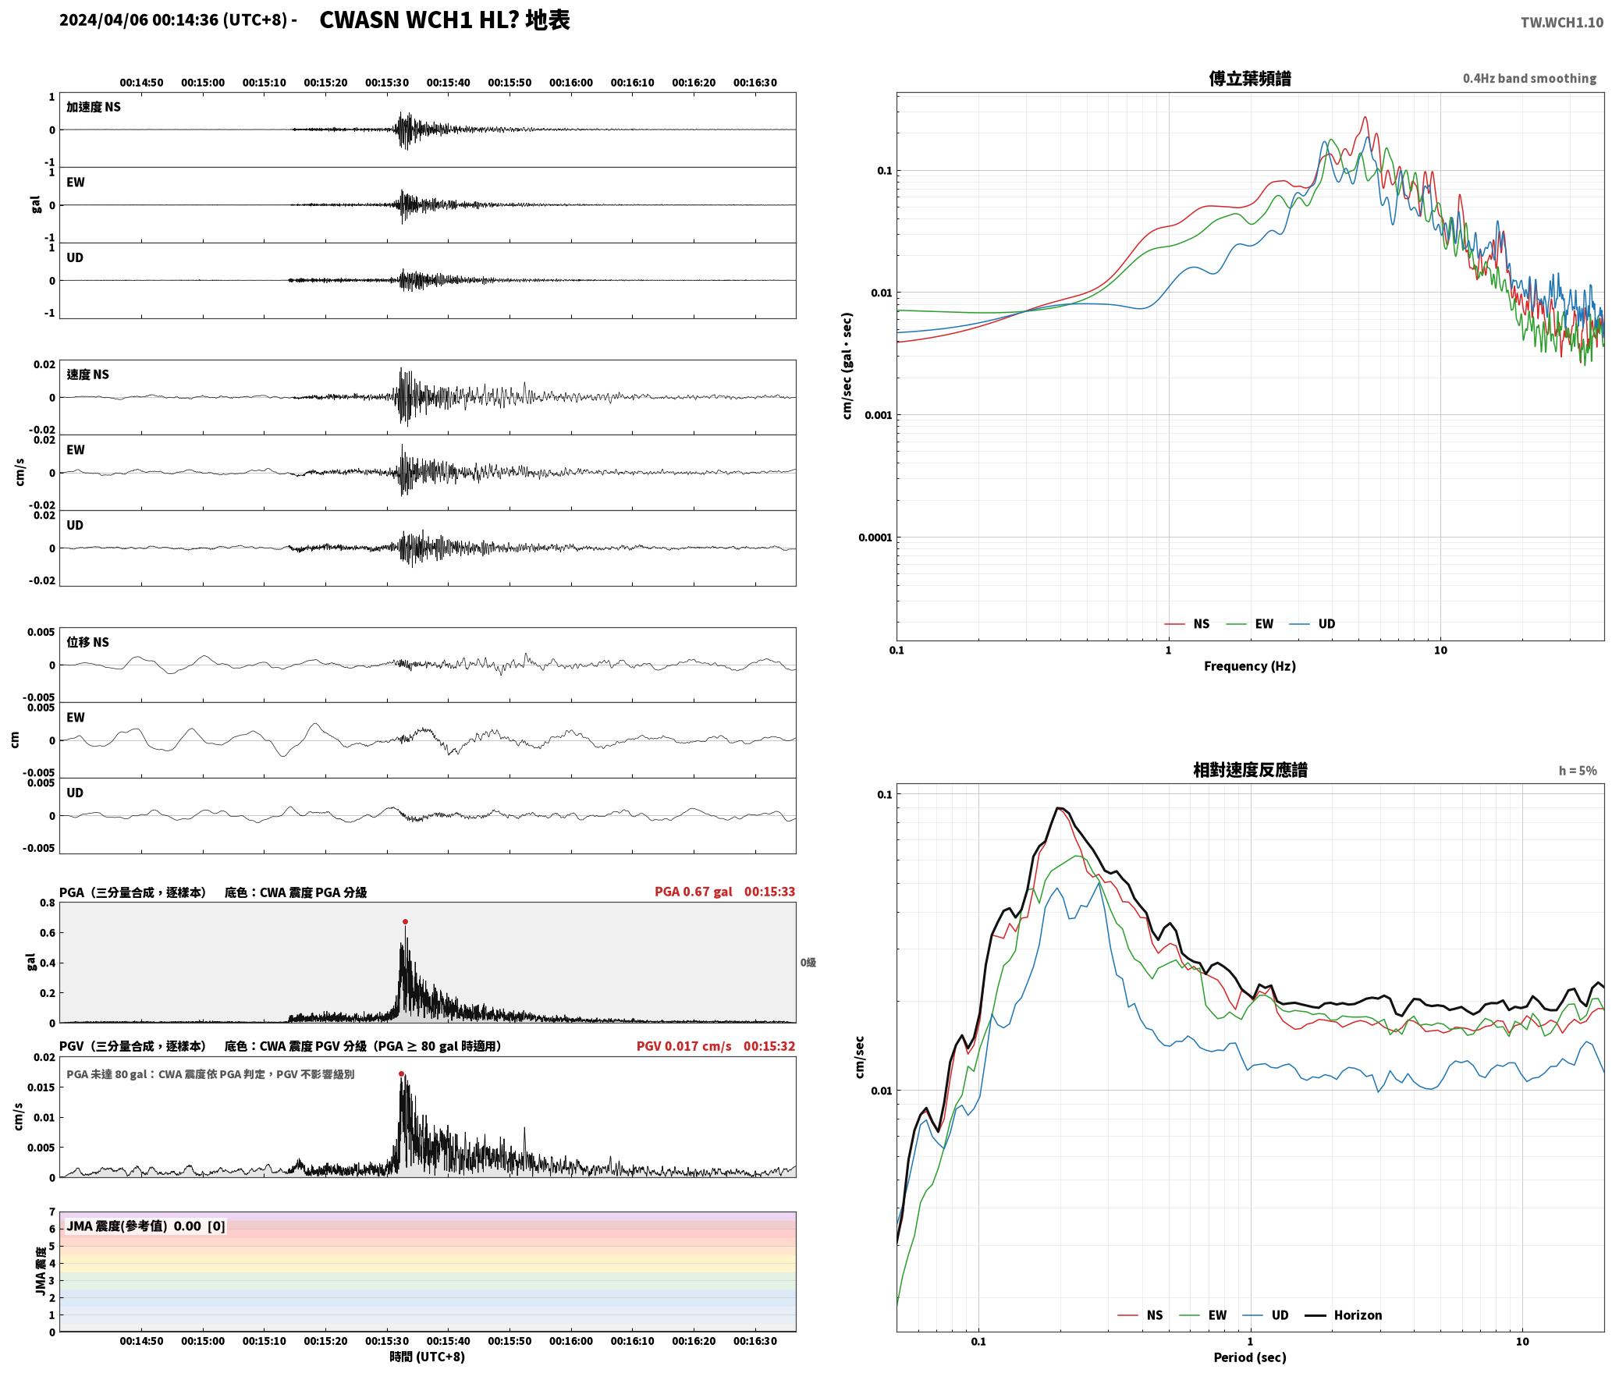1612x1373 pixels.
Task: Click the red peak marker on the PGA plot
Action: (x=405, y=921)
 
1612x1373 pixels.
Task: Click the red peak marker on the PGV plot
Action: (x=401, y=1073)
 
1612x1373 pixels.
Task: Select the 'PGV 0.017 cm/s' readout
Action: (x=684, y=1046)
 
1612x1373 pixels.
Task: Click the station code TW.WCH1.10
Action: (x=1561, y=23)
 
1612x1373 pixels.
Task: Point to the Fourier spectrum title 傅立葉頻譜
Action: (x=1249, y=79)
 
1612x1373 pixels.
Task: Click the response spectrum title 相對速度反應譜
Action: (x=1250, y=770)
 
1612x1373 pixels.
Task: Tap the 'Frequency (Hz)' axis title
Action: (x=1249, y=665)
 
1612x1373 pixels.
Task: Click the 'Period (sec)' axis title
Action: (x=1249, y=1357)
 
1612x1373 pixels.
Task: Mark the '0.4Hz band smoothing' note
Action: (x=1529, y=79)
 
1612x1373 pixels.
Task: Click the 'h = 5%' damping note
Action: (x=1578, y=771)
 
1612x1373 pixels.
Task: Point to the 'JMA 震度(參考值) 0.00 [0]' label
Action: (x=146, y=1226)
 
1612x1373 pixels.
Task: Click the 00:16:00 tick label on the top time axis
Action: (x=570, y=83)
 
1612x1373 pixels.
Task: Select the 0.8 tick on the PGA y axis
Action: (x=47, y=903)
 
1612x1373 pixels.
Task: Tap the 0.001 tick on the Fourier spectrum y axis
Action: (x=878, y=415)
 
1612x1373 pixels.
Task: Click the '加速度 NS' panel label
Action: (x=94, y=107)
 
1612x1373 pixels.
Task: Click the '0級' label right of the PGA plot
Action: (x=808, y=963)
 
